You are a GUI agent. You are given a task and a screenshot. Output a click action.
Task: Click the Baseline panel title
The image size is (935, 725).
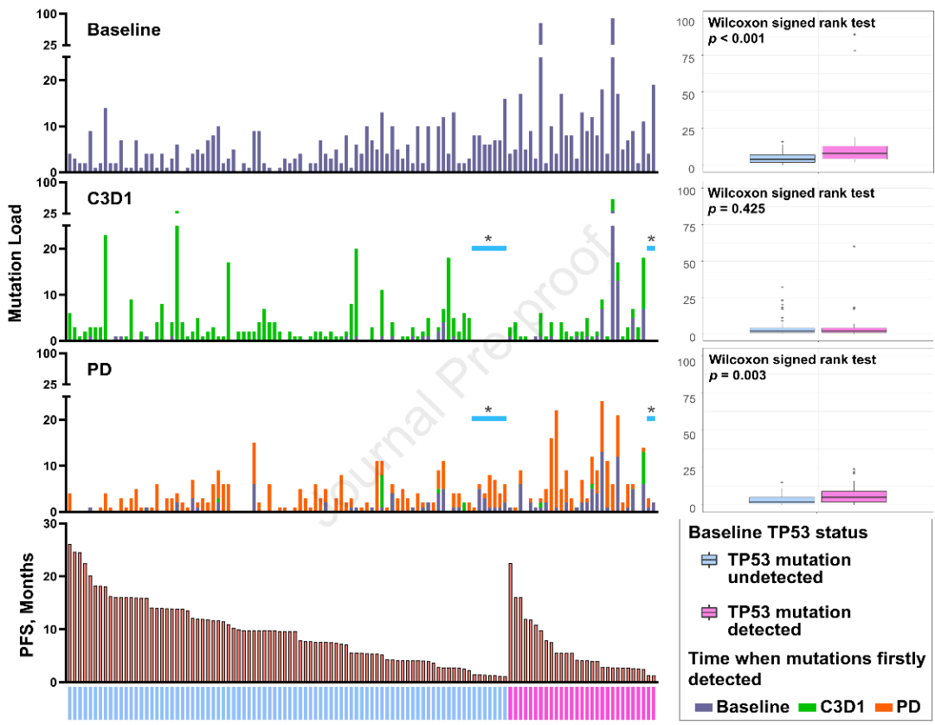point(124,29)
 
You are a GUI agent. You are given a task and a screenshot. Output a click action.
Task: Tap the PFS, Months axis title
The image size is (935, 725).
point(26,603)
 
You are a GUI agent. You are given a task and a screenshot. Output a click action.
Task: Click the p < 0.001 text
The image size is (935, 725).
point(736,39)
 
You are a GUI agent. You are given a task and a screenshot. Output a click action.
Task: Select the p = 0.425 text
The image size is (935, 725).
point(736,209)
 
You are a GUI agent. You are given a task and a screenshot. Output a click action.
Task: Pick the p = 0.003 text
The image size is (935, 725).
point(736,375)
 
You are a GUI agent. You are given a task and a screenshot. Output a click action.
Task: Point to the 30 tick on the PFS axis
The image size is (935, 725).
point(49,524)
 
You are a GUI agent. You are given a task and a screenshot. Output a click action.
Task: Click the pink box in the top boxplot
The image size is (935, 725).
point(854,152)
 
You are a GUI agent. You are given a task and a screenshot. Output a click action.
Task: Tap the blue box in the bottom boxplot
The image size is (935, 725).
point(782,500)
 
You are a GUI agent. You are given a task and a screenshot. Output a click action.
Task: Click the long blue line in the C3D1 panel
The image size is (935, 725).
point(488,249)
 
